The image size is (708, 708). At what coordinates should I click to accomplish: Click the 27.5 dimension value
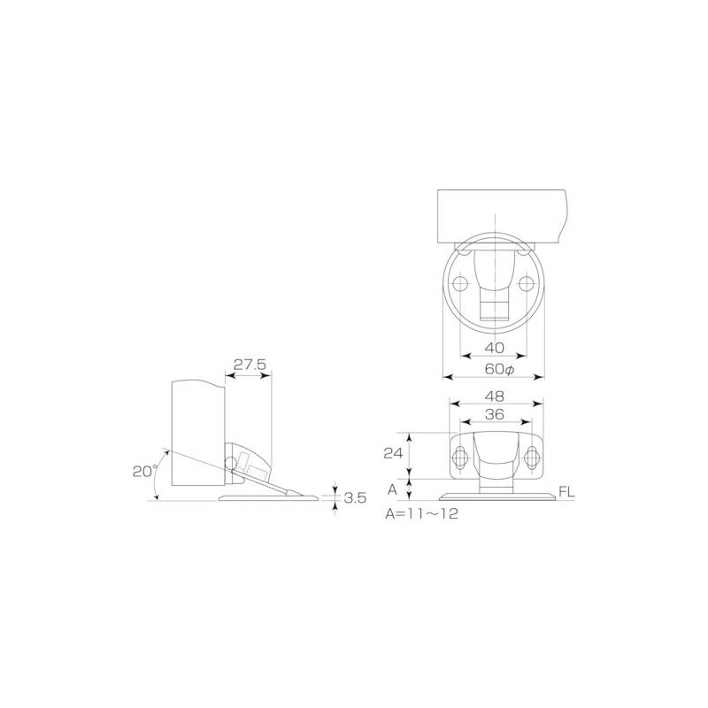pyautogui.click(x=250, y=365)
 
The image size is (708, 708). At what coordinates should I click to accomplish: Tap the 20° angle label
pyautogui.click(x=144, y=471)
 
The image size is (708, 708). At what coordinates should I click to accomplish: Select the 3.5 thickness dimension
pyautogui.click(x=355, y=498)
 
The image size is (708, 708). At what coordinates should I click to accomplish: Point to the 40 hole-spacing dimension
pyautogui.click(x=494, y=348)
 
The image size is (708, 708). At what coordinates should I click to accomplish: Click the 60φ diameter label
pyautogui.click(x=499, y=369)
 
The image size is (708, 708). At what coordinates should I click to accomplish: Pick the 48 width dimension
pyautogui.click(x=495, y=396)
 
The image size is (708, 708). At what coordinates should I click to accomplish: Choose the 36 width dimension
pyautogui.click(x=495, y=414)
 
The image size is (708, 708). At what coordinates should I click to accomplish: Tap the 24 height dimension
pyautogui.click(x=393, y=453)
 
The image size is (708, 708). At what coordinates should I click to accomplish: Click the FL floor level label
pyautogui.click(x=566, y=492)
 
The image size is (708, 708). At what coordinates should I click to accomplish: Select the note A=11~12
pyautogui.click(x=422, y=514)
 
